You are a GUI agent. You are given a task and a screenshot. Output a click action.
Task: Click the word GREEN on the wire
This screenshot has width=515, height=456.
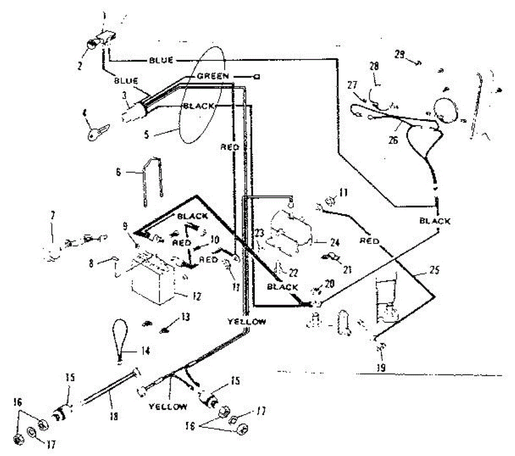[213, 76]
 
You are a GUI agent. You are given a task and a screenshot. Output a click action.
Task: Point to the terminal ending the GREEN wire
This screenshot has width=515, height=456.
[257, 77]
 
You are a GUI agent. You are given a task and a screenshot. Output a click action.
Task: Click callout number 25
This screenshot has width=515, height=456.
[435, 271]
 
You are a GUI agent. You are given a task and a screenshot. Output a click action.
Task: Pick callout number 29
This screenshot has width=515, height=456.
[400, 55]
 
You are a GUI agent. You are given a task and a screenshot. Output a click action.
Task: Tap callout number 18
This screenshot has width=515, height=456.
[115, 416]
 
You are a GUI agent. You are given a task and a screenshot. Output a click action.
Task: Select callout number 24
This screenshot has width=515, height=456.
[335, 243]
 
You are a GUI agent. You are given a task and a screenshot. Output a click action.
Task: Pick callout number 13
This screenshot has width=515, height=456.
[185, 317]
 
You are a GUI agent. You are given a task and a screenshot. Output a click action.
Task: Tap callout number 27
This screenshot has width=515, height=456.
[352, 85]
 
